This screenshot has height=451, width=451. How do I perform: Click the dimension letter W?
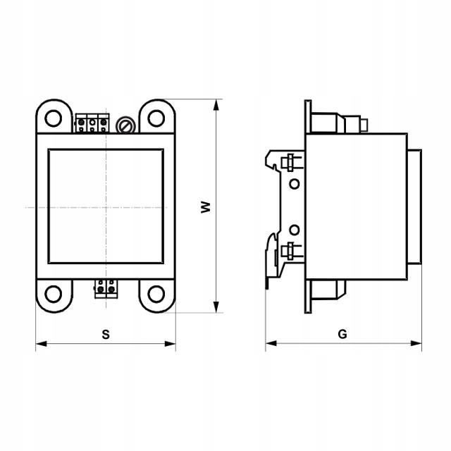click(x=206, y=207)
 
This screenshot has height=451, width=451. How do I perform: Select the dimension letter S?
click(x=106, y=334)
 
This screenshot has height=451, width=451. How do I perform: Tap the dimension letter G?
click(x=342, y=334)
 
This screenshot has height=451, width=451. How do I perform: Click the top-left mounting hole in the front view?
click(x=54, y=118)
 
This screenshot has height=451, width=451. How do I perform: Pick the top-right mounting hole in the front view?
click(x=156, y=118)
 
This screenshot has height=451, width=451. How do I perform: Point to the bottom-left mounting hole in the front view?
click(x=54, y=293)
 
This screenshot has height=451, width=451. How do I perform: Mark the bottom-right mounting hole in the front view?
click(x=156, y=293)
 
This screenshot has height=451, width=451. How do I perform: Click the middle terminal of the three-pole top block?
click(x=92, y=123)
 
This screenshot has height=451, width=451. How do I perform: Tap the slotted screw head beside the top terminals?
click(x=125, y=125)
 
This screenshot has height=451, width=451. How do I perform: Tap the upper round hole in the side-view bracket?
click(x=295, y=184)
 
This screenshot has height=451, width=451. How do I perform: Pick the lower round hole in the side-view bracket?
click(x=295, y=229)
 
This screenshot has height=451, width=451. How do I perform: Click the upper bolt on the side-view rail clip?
click(x=288, y=163)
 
